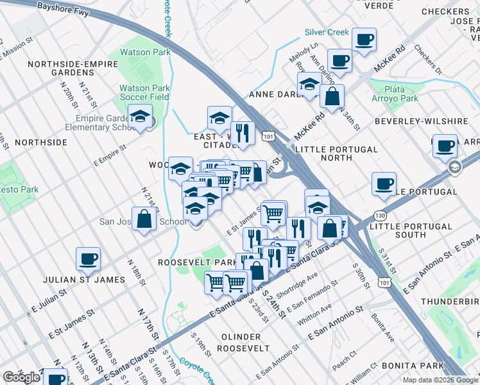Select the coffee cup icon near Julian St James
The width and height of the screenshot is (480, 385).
89,259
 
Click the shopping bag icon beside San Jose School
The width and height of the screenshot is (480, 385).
144,219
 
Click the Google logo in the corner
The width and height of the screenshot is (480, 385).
21,377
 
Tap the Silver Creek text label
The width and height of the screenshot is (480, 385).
327,32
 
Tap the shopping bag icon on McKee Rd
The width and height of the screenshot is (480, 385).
332,98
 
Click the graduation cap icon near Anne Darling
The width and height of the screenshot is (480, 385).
309,84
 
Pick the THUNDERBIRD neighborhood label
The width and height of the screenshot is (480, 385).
450,301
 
